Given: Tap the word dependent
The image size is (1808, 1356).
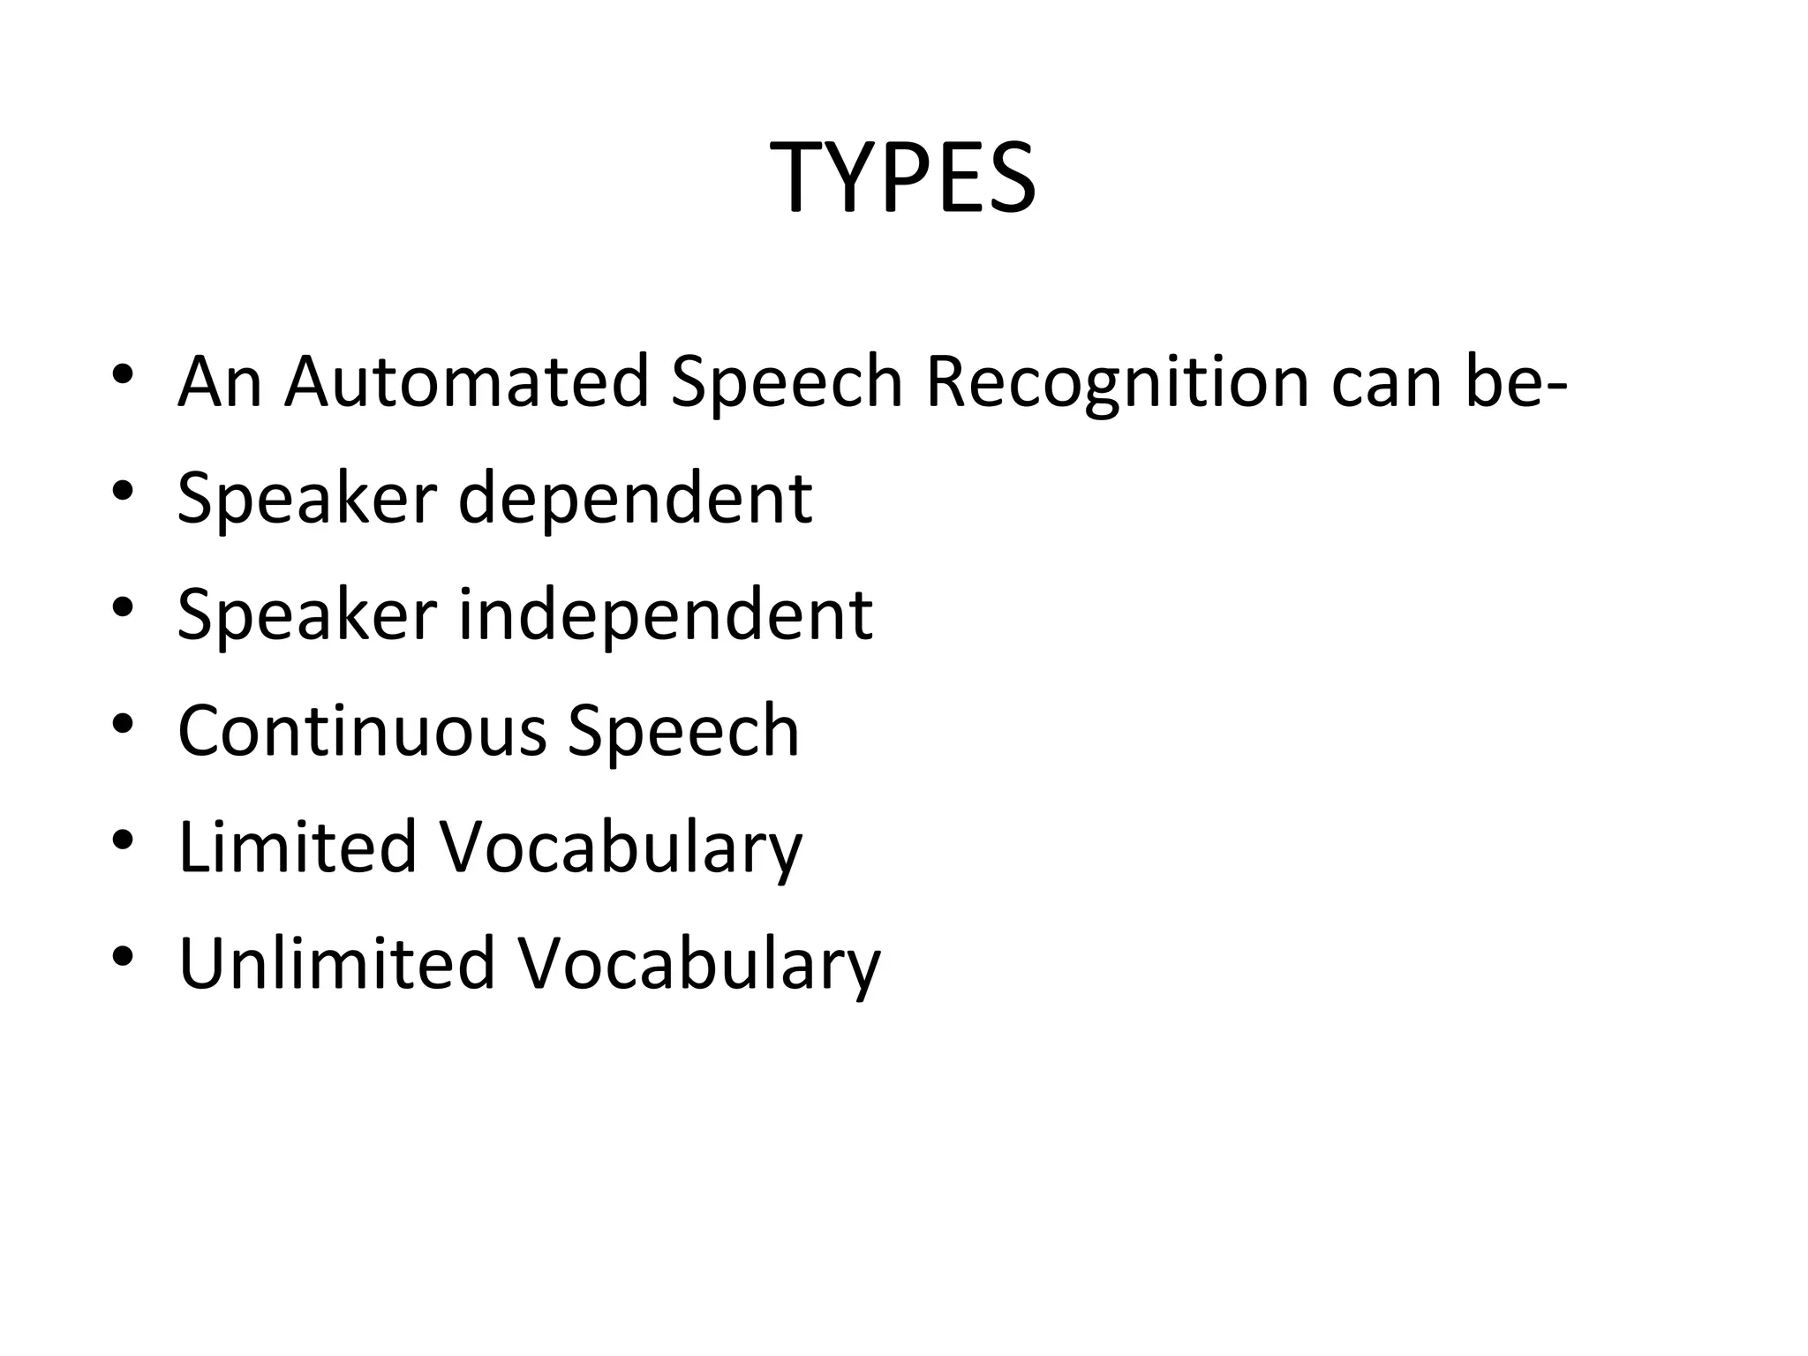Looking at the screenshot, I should click(635, 500).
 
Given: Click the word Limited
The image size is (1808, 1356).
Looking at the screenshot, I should click(298, 847).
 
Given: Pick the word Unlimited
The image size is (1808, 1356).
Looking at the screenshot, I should click(336, 962).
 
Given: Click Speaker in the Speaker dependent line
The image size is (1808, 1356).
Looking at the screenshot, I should click(307, 500).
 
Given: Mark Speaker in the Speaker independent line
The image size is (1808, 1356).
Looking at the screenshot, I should click(307, 615).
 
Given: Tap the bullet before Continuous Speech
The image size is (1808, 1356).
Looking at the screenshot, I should click(123, 723).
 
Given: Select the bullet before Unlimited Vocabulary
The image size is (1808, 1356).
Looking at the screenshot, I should click(123, 954).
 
